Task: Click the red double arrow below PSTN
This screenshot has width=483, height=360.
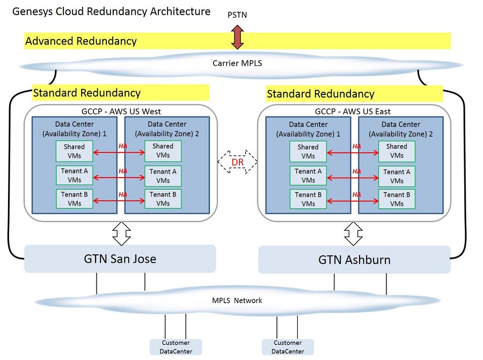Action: click(238, 37)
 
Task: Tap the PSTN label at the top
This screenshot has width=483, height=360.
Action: click(237, 15)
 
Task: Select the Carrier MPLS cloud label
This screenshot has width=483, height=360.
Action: click(237, 63)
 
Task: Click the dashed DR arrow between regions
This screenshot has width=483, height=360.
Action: click(238, 161)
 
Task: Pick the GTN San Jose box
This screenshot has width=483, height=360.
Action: click(120, 259)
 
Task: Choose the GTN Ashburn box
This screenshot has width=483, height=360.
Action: click(354, 260)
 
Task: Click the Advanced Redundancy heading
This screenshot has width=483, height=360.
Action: click(81, 41)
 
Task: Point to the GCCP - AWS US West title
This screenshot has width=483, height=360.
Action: click(121, 111)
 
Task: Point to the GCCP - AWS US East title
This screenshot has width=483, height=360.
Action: click(353, 111)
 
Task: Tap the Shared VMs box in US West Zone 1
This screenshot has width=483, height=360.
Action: click(74, 151)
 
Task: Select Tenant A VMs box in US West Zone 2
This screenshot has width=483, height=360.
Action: click(163, 176)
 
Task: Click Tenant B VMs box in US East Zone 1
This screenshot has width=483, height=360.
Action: click(308, 199)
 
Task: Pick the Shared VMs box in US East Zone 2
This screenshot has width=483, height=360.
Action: click(397, 151)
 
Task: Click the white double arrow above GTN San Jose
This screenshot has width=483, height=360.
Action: click(121, 233)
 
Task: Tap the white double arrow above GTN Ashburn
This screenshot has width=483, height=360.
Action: click(353, 233)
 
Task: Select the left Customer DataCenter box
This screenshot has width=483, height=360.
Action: click(176, 347)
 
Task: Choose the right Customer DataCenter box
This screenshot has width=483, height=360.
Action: click(288, 347)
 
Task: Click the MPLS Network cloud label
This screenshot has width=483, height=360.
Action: click(237, 300)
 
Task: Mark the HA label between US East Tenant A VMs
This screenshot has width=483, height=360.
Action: click(357, 171)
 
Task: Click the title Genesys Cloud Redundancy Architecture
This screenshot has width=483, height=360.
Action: click(111, 11)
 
